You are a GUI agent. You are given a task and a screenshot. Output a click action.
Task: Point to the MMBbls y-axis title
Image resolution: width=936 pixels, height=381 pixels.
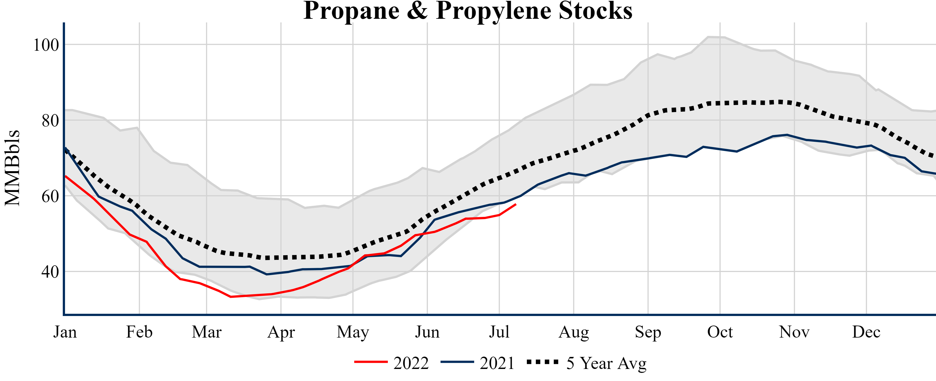tap(12, 168)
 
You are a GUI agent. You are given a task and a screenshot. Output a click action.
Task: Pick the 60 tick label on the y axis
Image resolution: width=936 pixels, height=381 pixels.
tap(50, 196)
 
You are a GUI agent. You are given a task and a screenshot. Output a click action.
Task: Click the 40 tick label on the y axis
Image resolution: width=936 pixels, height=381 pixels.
tap(50, 272)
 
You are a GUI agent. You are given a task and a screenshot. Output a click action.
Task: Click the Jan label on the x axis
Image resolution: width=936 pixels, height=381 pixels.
tap(65, 332)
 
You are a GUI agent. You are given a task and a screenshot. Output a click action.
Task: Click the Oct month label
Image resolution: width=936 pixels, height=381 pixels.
tap(720, 332)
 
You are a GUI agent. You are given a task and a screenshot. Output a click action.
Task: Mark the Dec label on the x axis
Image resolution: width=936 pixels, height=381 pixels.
tap(866, 332)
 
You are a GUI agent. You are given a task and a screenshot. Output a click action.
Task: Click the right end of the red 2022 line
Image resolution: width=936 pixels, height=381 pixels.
tap(515, 205)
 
